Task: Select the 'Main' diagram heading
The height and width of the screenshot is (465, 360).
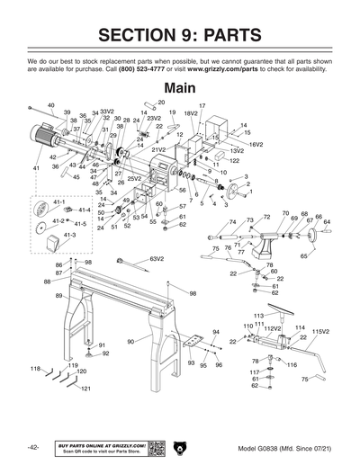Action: (x=180, y=87)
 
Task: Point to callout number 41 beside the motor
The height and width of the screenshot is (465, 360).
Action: (x=36, y=168)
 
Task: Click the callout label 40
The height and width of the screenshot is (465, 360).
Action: (x=50, y=105)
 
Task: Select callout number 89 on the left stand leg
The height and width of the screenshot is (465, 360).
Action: (x=58, y=295)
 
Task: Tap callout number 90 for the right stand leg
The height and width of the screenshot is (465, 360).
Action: (x=130, y=342)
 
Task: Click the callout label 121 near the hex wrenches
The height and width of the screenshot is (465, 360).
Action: (x=86, y=389)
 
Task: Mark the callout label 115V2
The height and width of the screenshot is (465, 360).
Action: (x=321, y=332)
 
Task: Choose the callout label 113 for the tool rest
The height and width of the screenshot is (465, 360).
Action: (x=258, y=316)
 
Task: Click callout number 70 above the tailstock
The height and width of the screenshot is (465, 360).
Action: (x=285, y=214)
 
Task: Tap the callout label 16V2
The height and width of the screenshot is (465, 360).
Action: (x=256, y=144)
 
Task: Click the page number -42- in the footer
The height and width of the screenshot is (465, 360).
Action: (x=32, y=447)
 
